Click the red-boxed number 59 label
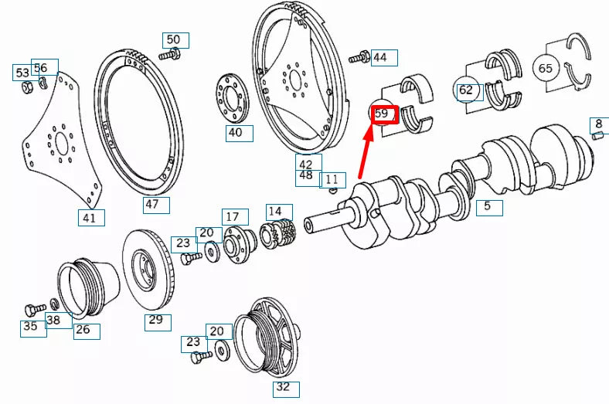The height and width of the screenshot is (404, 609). coord(384,114)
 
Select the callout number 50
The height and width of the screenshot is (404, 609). coord(174,40)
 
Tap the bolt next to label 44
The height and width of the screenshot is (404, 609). coord(359,57)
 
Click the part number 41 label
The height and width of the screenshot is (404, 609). coord(90,218)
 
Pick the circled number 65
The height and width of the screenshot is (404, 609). coord(546,69)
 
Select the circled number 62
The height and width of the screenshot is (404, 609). coord(465,90)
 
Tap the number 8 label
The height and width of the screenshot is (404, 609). coord(599,124)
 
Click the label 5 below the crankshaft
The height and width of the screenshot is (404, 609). coord(488,206)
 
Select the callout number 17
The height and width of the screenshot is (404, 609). coord(235,217)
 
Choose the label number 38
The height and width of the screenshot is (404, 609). coord(54,320)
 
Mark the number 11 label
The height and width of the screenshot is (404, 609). coord(332,180)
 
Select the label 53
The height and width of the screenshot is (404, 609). coord(22,73)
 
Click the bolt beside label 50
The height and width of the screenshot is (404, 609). coord(170,56)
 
